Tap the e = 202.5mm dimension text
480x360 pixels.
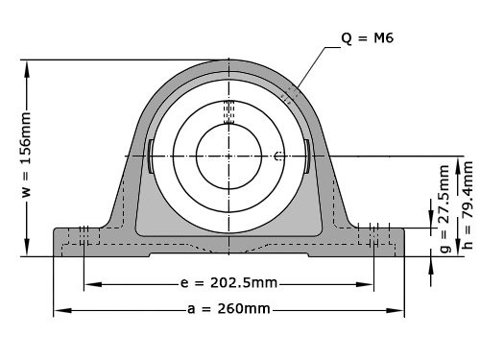228,283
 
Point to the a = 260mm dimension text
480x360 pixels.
228,309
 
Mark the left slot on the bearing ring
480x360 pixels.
152,156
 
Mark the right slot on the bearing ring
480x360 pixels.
305,156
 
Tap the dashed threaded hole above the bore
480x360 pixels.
228,112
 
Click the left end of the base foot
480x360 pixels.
56,242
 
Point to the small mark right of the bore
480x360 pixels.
277,156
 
